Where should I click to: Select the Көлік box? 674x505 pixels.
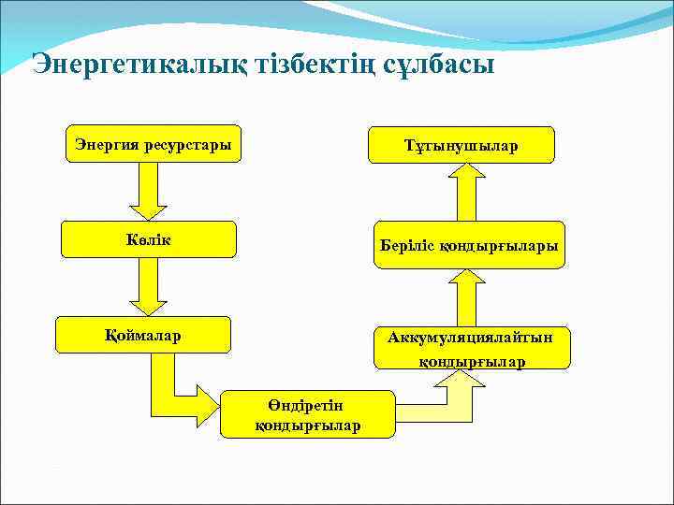[x=149, y=238]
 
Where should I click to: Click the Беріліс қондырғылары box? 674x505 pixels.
[x=469, y=245]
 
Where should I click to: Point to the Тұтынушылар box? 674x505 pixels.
[x=461, y=146]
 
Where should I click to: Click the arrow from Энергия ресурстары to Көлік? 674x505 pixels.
[x=147, y=191]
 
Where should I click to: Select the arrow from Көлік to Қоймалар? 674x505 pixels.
[x=147, y=286]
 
